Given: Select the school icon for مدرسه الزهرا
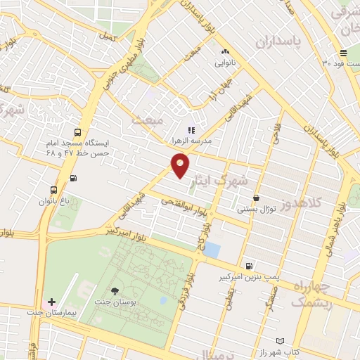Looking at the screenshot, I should click(190, 130).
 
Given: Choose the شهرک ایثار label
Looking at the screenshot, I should click(240, 180).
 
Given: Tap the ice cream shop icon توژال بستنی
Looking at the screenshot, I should click(256, 198).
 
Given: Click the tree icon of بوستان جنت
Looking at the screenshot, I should click(115, 290).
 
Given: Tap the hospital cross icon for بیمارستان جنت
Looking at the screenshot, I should click(51, 301).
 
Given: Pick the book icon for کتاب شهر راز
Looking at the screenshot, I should click(281, 341).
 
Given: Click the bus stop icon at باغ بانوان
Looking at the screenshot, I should click(53, 190).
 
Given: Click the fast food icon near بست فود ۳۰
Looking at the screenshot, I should click(343, 53).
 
